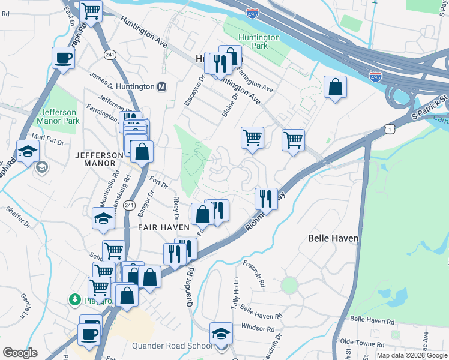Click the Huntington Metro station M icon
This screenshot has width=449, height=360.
pos(161,87)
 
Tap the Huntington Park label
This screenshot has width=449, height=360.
pos(259,42)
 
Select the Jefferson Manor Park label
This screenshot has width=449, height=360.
pos(59,116)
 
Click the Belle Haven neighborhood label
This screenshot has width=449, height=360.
pos(333,238)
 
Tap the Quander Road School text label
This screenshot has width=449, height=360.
pos(172,346)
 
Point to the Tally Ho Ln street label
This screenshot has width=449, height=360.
pos(235,294)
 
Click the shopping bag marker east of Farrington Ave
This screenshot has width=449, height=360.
pos(335,86)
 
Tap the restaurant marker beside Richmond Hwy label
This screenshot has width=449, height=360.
pos(265,198)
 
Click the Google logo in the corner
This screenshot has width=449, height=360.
pos(20,353)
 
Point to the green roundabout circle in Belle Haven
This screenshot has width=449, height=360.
pos(289,285)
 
